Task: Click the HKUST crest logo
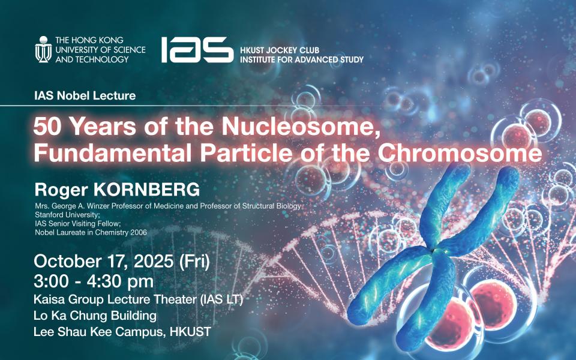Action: [x=43, y=49]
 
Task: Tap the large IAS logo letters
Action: [x=197, y=50]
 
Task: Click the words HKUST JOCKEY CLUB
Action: [x=280, y=50]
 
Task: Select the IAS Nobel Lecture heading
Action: [x=85, y=96]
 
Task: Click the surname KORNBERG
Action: [x=146, y=190]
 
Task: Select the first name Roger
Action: [x=61, y=190]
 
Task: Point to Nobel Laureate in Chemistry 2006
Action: [x=91, y=233]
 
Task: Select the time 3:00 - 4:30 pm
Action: [x=94, y=282]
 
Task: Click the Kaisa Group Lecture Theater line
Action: [x=139, y=300]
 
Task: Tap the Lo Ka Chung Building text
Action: [x=95, y=316]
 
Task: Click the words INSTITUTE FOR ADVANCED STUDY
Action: [x=302, y=59]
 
